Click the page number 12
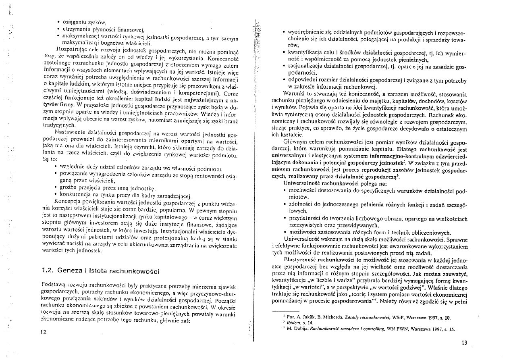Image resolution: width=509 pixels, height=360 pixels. click(44, 332)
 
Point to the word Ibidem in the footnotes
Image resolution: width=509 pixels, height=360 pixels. click(295, 323)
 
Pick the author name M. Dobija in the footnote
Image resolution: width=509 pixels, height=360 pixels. click(302, 329)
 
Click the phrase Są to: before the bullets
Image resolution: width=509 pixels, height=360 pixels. click(50, 159)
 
